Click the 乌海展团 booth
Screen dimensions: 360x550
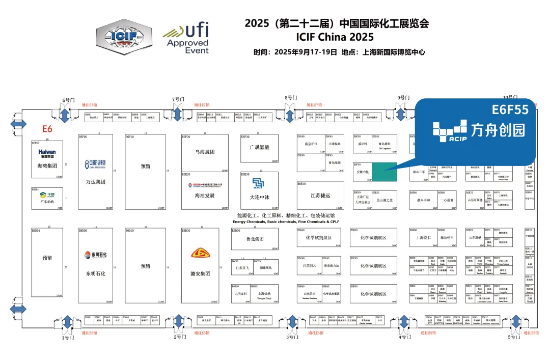click(204, 152)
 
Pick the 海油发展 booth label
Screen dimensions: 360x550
click(204, 196)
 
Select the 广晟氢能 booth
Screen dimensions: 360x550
click(259, 147)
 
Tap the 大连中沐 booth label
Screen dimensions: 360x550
click(259, 197)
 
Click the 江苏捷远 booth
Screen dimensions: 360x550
click(320, 196)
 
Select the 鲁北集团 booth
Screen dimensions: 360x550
click(255, 239)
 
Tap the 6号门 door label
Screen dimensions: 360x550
click(68, 100)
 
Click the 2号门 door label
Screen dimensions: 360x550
click(179, 337)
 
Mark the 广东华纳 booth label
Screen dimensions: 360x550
click(47, 202)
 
